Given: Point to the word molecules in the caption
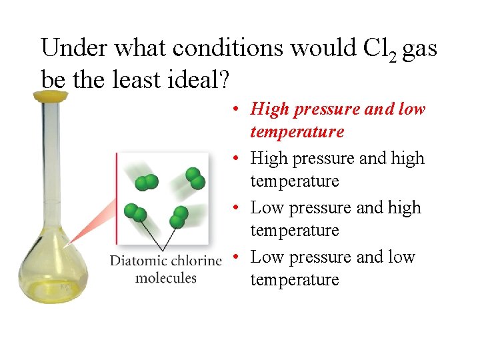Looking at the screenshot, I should point(166,277).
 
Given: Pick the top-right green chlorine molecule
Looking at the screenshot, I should point(195,177).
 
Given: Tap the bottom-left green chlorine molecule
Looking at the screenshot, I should point(136,212).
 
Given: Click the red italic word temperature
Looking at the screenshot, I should point(297,131).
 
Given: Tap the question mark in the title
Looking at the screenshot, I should point(224,79).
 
